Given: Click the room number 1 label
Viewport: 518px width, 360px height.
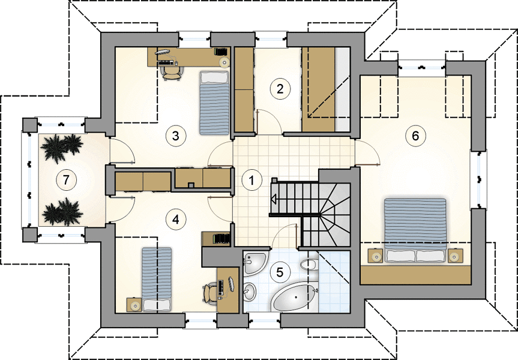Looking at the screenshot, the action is coord(251,181).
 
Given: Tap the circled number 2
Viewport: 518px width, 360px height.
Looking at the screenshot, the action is coord(280,89).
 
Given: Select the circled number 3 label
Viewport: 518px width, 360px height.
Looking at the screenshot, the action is coord(175,136).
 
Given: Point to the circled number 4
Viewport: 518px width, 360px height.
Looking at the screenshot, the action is coord(175,219).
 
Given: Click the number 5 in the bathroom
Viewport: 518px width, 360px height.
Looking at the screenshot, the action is coord(280,272).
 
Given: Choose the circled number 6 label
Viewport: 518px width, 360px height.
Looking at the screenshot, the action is coord(415,136).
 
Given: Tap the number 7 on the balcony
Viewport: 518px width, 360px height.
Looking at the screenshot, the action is coord(66,181).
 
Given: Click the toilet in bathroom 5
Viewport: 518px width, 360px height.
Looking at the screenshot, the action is coord(309,264).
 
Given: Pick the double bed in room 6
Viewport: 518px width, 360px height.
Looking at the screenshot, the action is coord(415,230).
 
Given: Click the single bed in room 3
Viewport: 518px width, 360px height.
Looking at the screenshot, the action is coord(214,103).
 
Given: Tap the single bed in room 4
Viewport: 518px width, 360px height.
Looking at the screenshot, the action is coord(157,280).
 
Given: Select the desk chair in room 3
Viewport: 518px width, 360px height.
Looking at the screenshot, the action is coord(172,73).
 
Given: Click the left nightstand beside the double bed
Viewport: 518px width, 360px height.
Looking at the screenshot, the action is coord(375,256).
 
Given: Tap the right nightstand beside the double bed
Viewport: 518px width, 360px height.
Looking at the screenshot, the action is coord(455,256).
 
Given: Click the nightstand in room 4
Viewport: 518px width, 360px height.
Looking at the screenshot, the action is coord(134,305).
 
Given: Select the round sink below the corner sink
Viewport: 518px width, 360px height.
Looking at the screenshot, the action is coord(250,291).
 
